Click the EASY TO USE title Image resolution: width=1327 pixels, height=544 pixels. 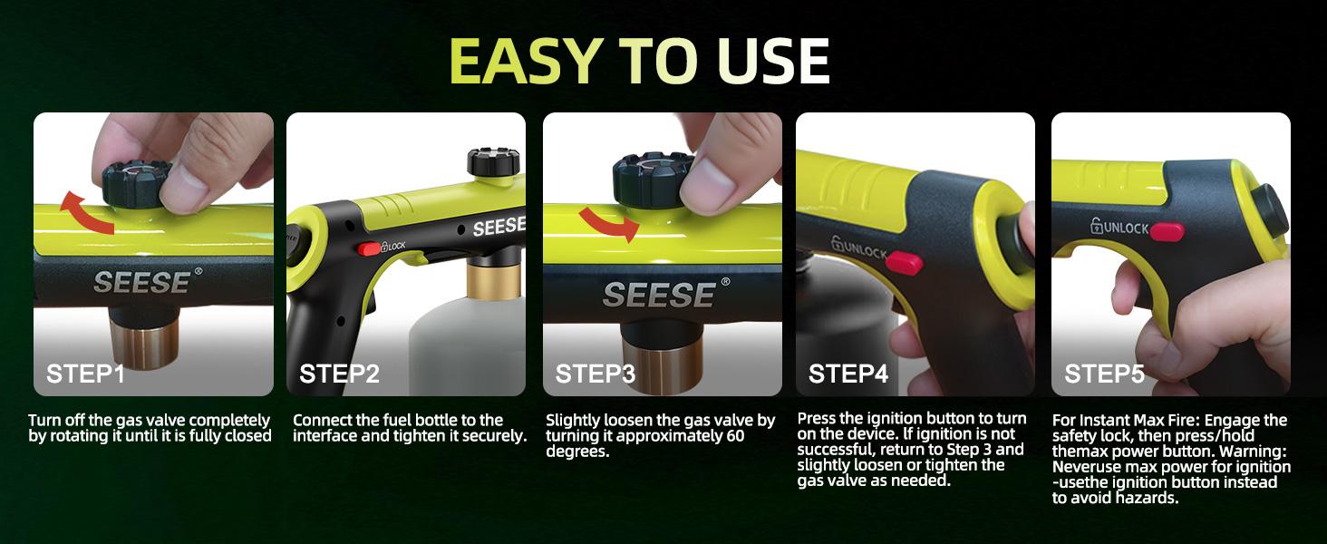639,62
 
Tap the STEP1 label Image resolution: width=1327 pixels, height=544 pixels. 85,374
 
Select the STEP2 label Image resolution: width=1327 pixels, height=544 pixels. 339,374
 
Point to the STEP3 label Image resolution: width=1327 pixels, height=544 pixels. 595,374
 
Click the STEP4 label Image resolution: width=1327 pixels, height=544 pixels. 848,374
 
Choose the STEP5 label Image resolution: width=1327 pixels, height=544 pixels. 1104,374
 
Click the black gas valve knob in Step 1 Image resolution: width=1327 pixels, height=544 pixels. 132,182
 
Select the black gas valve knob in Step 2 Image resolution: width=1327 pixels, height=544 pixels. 494,163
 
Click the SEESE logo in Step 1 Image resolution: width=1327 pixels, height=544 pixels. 141,282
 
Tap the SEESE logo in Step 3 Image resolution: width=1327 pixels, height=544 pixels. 660,294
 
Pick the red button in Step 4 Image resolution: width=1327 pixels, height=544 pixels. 902,262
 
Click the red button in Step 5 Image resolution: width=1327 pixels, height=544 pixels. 1167,232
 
